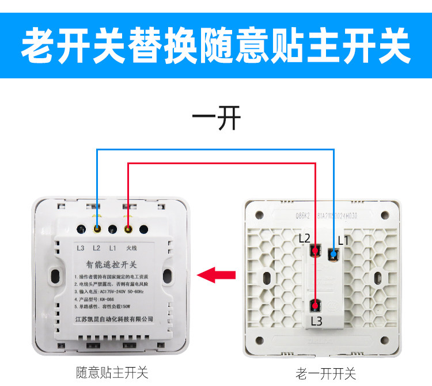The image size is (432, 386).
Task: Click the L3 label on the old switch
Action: [316, 321]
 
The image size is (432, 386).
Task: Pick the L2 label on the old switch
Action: [305, 238]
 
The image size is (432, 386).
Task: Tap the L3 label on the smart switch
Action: [81, 248]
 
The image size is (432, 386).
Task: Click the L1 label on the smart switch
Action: [113, 248]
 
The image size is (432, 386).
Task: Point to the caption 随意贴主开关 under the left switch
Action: [112, 373]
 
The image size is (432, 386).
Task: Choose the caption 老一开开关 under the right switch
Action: [326, 374]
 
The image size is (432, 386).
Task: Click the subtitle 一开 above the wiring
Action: [216, 120]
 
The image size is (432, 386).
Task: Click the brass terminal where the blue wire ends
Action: [97, 229]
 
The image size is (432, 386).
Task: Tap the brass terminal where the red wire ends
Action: [128, 229]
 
